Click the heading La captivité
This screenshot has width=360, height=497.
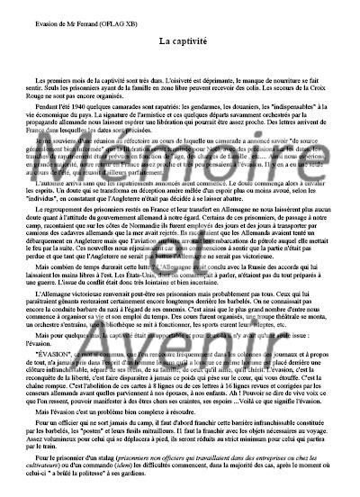pos(180,41)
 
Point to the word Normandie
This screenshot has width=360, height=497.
pos(144,285)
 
